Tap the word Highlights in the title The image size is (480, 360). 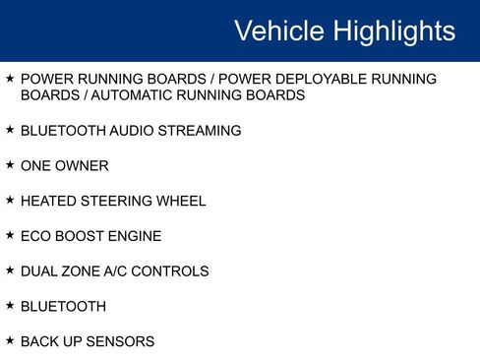tap(394, 31)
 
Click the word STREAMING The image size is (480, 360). tap(200, 131)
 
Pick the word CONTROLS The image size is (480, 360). tap(174, 271)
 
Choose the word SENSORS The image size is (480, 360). tap(120, 342)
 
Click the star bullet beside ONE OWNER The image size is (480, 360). tap(10, 165)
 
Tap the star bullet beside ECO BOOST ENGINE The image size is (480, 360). tap(10, 235)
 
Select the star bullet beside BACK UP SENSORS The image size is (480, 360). tap(10, 340)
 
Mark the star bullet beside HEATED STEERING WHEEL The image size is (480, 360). tap(10, 200)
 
